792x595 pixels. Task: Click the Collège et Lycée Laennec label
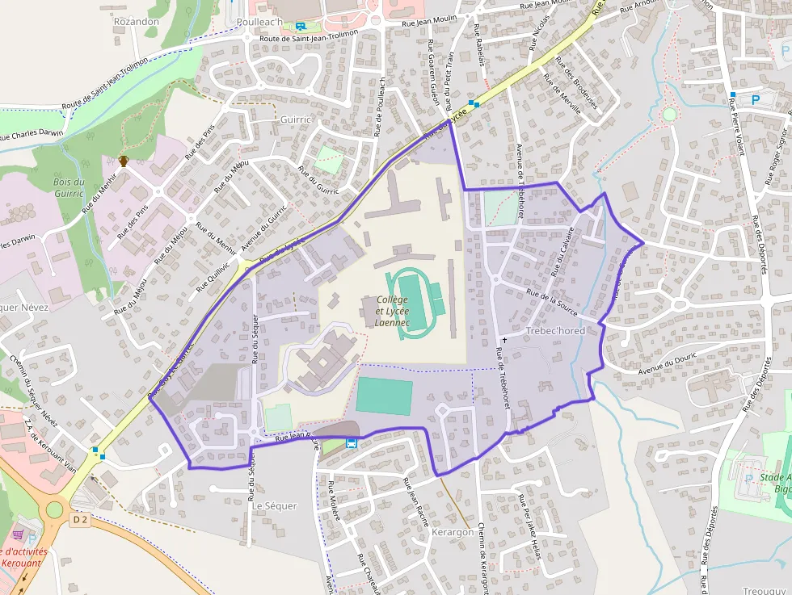(392, 311)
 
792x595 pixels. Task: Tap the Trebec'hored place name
(554, 331)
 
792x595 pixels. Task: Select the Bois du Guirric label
(69, 187)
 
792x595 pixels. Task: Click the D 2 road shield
(79, 521)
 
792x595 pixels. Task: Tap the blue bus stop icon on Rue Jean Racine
(352, 443)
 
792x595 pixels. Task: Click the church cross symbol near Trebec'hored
(505, 341)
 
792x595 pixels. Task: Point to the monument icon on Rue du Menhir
(124, 161)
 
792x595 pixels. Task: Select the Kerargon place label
(453, 533)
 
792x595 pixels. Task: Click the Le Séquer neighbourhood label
(275, 506)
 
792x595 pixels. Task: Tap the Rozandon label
(137, 21)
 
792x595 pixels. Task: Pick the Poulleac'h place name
(260, 22)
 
